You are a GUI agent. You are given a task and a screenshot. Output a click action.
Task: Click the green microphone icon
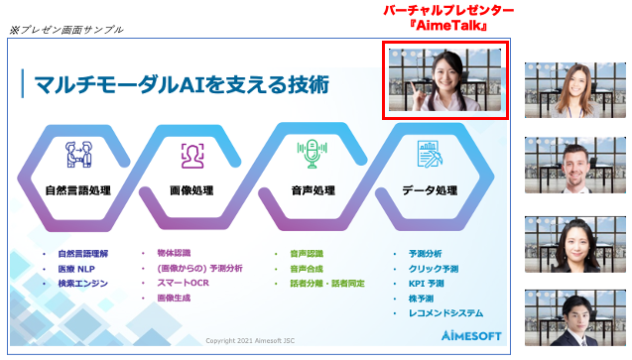pyautogui.click(x=310, y=154)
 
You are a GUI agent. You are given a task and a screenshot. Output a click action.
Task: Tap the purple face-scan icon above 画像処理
pyautogui.click(x=192, y=155)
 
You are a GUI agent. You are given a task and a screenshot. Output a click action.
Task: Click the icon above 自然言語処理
pyautogui.click(x=77, y=155)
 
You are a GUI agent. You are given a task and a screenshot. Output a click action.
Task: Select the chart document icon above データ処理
pyautogui.click(x=429, y=155)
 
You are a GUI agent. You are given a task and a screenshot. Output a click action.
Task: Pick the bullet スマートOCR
pyautogui.click(x=179, y=283)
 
